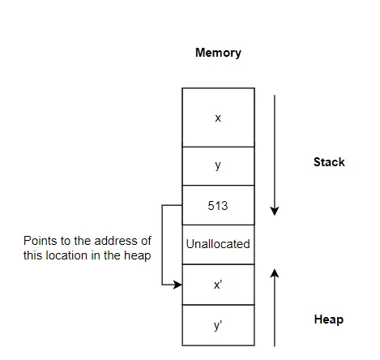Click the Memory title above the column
point(218,53)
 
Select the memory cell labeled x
point(218,118)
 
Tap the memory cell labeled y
point(218,165)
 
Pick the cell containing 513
point(218,206)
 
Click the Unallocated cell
point(218,244)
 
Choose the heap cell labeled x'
point(218,285)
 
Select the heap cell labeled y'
point(218,325)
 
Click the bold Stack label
point(329,162)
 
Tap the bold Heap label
point(328,319)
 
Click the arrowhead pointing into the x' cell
point(177,285)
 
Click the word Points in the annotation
point(40,242)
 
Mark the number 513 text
point(218,206)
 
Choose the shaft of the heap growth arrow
point(275,312)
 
